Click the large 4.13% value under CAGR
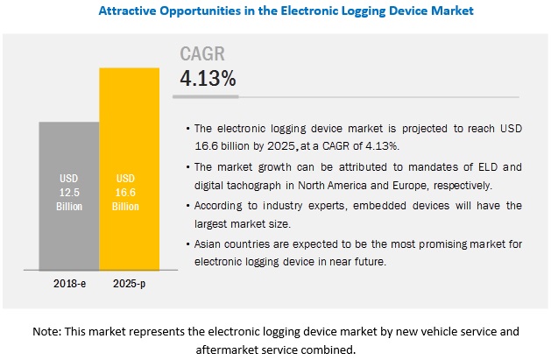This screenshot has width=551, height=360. click(x=208, y=78)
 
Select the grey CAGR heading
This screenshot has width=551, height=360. click(x=202, y=54)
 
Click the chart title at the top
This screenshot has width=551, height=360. click(x=275, y=12)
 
